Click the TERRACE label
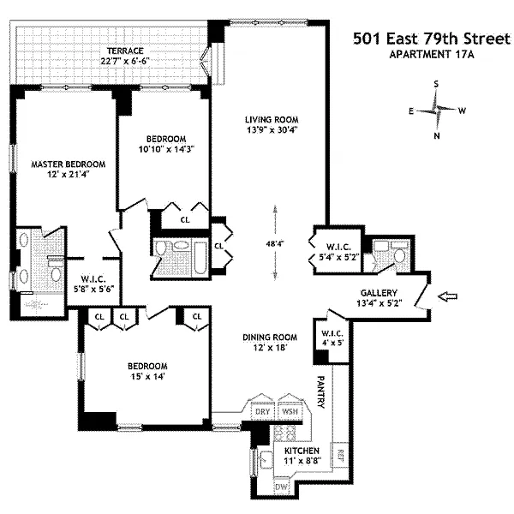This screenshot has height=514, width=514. pos(125,51)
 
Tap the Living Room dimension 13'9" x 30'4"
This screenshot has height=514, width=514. pos(272,130)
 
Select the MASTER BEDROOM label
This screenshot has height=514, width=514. pos(69,164)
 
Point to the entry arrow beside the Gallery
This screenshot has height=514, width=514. pos(448,296)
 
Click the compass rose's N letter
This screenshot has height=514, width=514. pos(437,135)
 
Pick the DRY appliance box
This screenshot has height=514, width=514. pos(263,411)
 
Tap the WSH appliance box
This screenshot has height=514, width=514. pos(290,411)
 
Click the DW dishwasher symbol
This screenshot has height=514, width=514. pos(281,487)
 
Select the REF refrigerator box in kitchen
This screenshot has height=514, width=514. pos(340,455)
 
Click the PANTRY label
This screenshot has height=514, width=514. pos(321,392)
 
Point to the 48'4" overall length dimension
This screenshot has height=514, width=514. pos(275,243)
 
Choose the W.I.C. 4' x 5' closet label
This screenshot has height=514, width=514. pos(332,338)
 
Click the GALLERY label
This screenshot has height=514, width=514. pos(379,293)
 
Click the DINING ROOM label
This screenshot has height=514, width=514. pos(270,337)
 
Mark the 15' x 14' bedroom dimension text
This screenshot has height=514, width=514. pos(147,376)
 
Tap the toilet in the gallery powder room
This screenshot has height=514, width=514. pos(400,254)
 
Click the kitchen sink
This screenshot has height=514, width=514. pos(266,459)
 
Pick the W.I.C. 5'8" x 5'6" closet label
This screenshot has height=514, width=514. pos(93,284)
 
